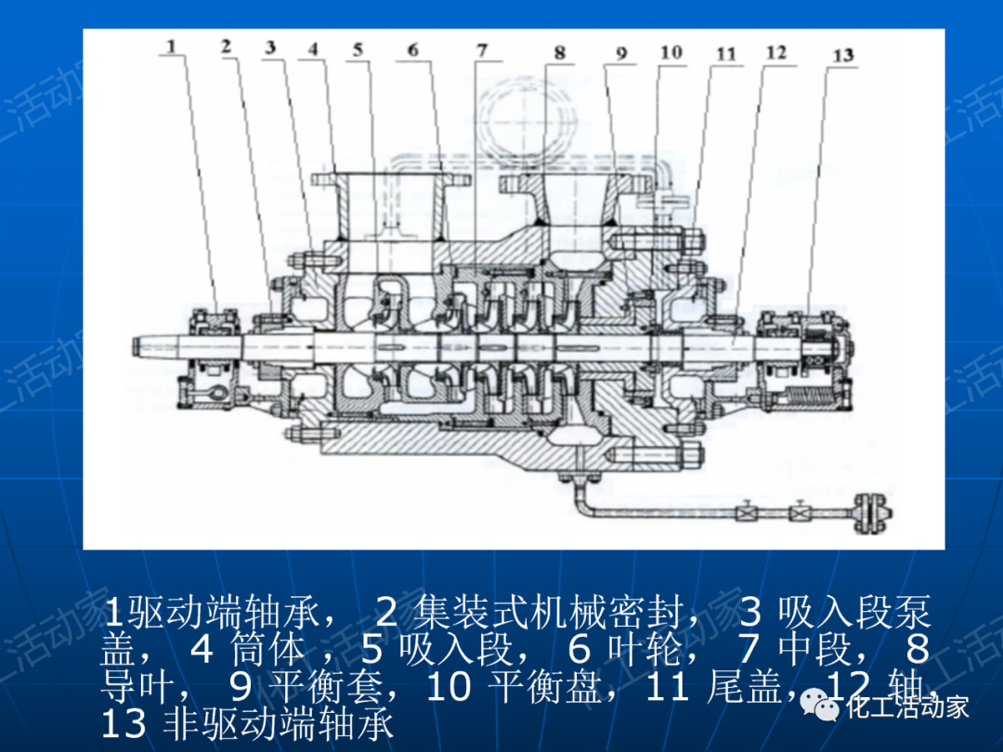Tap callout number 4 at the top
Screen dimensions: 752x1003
pos(313,47)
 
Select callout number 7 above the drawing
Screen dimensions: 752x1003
pos(481,50)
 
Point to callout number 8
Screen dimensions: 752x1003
pos(559,53)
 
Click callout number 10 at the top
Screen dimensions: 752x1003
pos(671,52)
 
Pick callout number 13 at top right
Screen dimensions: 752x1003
pos(841,56)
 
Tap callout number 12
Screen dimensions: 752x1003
pos(775,53)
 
